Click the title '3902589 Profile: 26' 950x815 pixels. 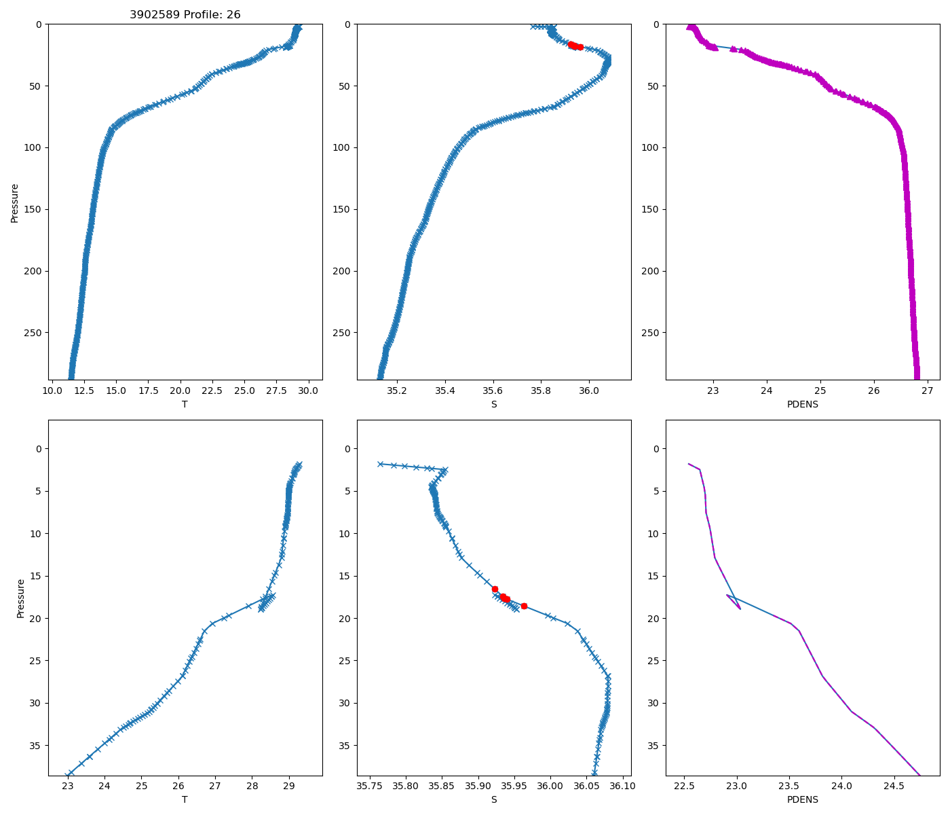pyautogui.click(x=185, y=15)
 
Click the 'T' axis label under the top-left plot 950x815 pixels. pyautogui.click(x=185, y=404)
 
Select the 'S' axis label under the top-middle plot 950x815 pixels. pyautogui.click(x=494, y=404)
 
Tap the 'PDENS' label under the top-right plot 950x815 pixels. pyautogui.click(x=803, y=404)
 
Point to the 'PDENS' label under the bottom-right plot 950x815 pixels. pyautogui.click(x=803, y=799)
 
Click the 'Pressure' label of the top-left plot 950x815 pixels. pyautogui.click(x=14, y=202)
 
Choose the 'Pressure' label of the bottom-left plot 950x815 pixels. pyautogui.click(x=20, y=598)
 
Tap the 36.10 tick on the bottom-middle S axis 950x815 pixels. pyautogui.click(x=622, y=786)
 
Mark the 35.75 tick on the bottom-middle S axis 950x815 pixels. pyautogui.click(x=370, y=786)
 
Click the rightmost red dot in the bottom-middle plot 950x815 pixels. pyautogui.click(x=524, y=606)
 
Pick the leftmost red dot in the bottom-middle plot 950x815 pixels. pyautogui.click(x=495, y=589)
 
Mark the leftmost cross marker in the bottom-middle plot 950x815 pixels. pyautogui.click(x=381, y=464)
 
